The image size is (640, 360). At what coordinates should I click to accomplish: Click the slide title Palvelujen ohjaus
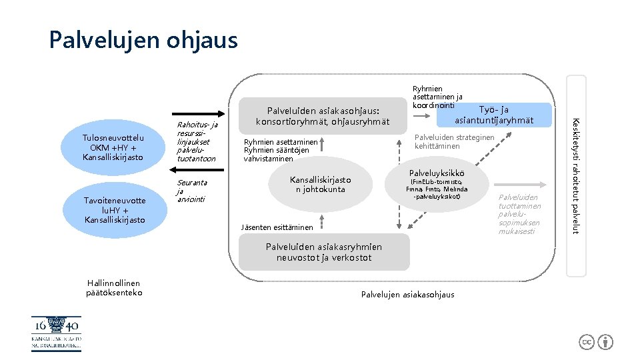143,41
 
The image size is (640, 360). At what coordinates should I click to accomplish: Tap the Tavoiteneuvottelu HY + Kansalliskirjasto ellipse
115,210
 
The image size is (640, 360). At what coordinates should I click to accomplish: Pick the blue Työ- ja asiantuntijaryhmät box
494,115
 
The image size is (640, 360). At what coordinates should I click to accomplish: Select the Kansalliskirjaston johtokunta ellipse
321,185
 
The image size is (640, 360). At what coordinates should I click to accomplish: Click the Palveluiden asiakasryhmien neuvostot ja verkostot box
324,253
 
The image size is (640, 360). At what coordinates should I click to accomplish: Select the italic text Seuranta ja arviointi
191,191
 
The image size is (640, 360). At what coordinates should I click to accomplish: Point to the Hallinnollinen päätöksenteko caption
114,288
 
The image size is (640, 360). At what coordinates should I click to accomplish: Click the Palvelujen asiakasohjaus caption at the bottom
407,295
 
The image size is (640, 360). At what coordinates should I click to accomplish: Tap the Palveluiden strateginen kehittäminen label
455,141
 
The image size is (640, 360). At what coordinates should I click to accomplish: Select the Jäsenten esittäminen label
276,227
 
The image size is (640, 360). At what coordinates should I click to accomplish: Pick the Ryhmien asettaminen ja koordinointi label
437,97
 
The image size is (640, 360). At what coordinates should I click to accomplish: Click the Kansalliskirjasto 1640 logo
56,333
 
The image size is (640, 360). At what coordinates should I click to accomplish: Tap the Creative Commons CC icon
587,342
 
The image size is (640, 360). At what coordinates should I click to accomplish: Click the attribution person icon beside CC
605,342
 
